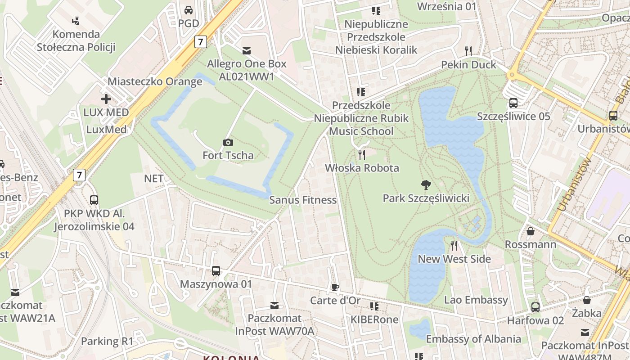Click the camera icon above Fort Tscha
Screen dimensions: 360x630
(x=228, y=143)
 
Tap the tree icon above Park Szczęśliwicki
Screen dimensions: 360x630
(x=426, y=184)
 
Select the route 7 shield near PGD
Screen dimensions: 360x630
(x=201, y=42)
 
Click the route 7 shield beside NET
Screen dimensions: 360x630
(x=79, y=175)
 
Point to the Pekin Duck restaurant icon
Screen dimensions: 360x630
(x=468, y=51)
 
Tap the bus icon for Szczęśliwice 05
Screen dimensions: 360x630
(x=513, y=103)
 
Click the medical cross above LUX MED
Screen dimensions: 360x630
(x=106, y=99)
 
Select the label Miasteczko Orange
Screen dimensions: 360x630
(x=155, y=81)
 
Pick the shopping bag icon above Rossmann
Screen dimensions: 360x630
(x=531, y=231)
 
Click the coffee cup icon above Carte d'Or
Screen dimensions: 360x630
(x=335, y=287)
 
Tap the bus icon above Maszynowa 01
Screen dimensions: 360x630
(x=216, y=271)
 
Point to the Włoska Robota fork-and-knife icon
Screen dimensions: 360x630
(x=362, y=155)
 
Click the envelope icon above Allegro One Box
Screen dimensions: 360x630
(x=247, y=50)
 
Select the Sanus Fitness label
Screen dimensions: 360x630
(x=303, y=200)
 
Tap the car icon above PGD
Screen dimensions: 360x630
(x=189, y=10)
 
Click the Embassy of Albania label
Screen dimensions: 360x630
(x=473, y=339)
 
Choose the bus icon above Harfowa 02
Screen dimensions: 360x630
(x=535, y=307)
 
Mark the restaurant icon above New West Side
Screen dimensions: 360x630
(x=454, y=246)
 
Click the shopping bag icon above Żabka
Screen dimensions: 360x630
(x=587, y=300)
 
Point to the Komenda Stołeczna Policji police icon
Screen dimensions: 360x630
(x=76, y=20)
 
